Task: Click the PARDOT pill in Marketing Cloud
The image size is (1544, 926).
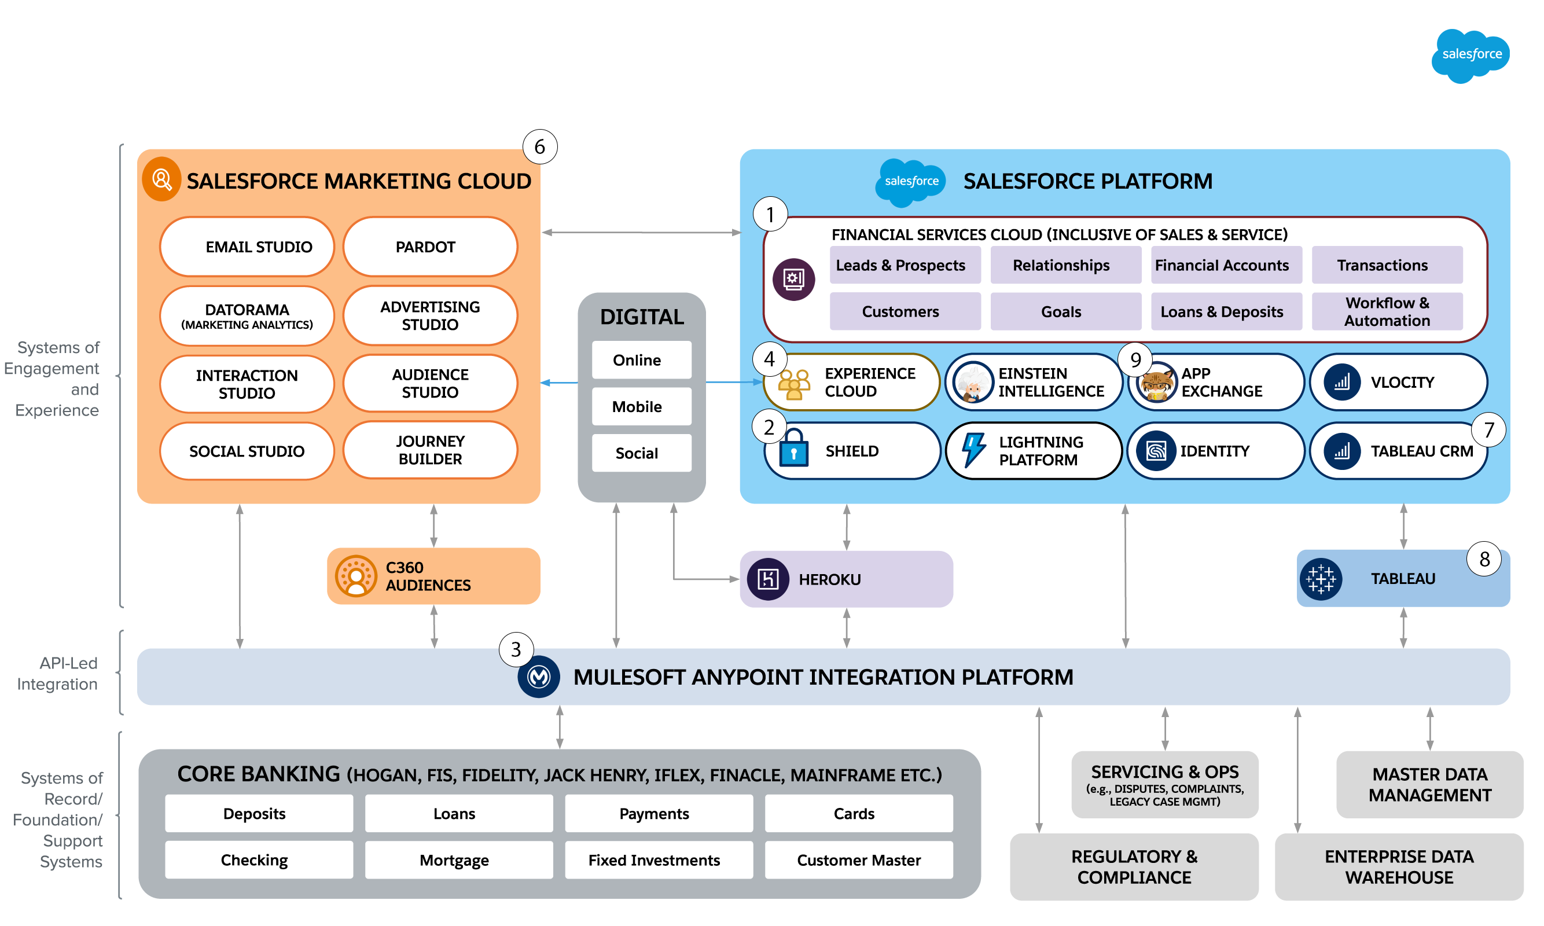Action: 430,247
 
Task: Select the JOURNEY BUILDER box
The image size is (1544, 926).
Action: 430,450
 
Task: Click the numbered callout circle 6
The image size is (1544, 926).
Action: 539,146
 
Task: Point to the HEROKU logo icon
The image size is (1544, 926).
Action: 768,579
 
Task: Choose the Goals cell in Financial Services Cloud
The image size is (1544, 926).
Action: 1065,311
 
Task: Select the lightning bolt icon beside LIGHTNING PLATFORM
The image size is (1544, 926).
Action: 973,450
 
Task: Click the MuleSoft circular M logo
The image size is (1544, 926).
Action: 538,677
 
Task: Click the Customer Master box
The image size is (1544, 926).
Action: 858,860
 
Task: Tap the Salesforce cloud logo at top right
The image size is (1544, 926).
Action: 1471,55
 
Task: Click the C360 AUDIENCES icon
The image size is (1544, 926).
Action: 355,576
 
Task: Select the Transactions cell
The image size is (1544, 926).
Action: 1387,265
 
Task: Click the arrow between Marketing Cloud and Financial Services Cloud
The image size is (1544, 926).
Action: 641,232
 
